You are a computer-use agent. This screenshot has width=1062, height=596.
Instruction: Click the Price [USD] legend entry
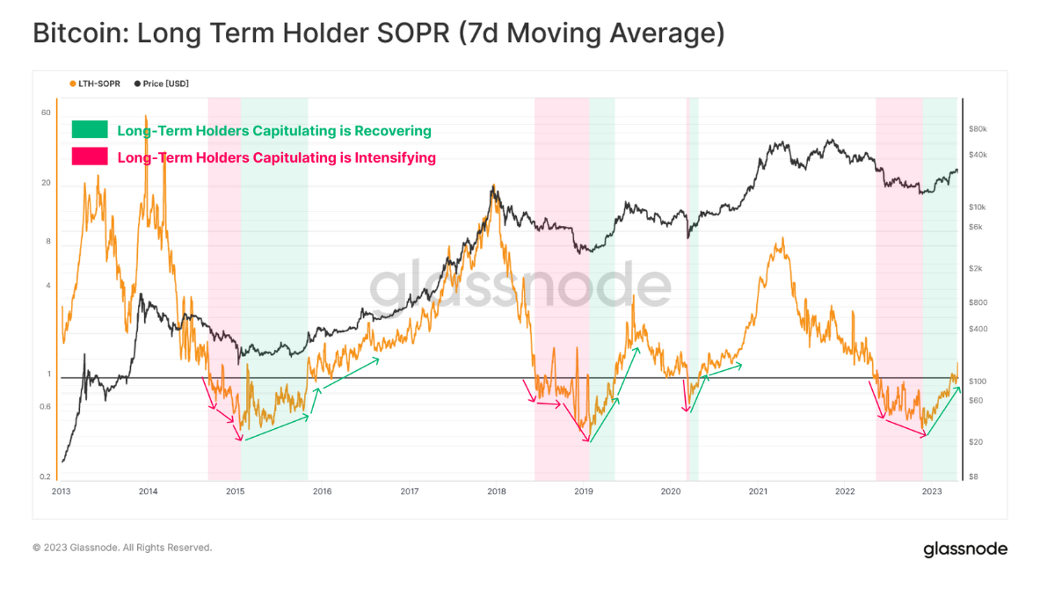pos(162,84)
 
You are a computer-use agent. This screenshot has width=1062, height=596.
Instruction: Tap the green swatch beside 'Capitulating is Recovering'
pos(90,130)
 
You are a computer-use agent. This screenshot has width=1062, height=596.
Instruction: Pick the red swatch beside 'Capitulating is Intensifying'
pos(90,157)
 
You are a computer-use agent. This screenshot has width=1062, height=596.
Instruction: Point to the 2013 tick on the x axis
pos(61,491)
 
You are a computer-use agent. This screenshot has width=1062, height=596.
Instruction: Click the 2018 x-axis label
pos(496,491)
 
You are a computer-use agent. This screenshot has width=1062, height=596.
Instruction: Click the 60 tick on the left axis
pos(46,113)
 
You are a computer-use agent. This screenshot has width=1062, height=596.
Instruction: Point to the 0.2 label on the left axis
pos(45,476)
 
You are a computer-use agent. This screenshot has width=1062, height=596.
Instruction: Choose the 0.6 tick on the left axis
pos(45,406)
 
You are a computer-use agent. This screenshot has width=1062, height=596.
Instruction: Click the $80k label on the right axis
pos(978,128)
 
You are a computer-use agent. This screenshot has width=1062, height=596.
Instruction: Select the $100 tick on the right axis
pos(977,382)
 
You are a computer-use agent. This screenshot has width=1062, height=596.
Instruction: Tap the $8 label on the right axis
pos(973,476)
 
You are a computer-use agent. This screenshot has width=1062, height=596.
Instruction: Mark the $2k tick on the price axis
pos(975,268)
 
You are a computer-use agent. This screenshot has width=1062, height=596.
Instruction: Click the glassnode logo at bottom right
pos(964,549)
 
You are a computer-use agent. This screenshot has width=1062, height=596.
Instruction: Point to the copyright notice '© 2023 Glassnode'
pos(122,548)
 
